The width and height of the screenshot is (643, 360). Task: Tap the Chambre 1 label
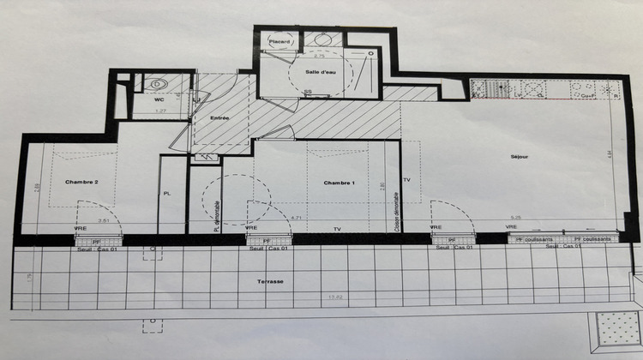coord(340,183)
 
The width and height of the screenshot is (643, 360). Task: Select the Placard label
coord(279,41)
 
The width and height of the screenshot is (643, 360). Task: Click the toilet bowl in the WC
coord(158,84)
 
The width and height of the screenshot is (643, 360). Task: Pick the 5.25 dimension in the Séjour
coord(514,218)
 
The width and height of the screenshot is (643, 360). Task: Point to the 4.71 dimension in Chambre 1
coord(296,218)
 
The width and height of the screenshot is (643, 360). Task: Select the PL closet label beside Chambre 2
coord(167,194)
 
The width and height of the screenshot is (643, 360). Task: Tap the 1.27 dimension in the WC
coord(159,111)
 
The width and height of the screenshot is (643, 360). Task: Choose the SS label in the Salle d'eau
coord(307,92)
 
